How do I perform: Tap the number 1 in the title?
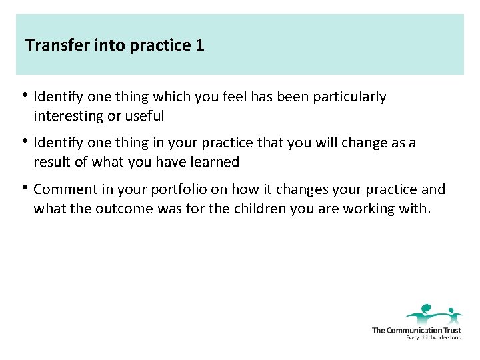click(x=199, y=45)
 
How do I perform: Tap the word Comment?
click(x=63, y=189)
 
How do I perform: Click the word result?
click(x=52, y=162)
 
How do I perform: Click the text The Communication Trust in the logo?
click(x=416, y=330)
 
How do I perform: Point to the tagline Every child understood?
click(x=433, y=338)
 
